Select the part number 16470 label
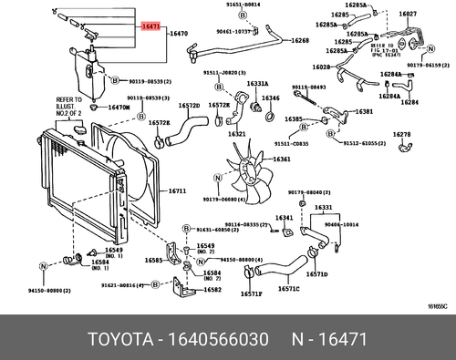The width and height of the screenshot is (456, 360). click(179, 33)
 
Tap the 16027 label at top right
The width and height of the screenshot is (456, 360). click(408, 14)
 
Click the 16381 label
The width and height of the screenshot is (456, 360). click(364, 111)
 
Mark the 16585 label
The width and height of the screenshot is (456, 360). click(154, 260)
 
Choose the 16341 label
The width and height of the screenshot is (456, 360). click(285, 218)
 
